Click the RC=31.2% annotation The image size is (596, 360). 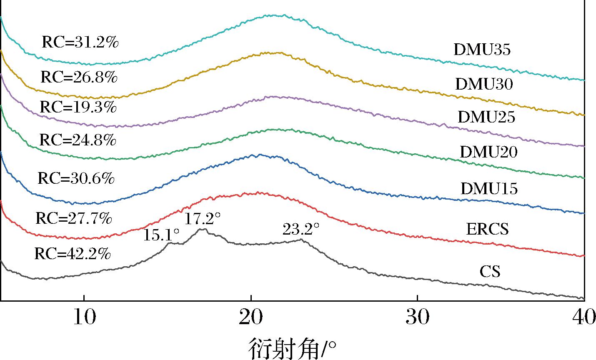click(80, 42)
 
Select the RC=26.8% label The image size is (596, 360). click(79, 77)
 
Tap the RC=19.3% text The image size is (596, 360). click(78, 107)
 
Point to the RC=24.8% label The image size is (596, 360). click(78, 140)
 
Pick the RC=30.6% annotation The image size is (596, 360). click(76, 179)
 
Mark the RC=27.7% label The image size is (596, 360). click(74, 218)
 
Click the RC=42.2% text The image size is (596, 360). click(73, 254)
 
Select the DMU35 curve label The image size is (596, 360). click(482, 50)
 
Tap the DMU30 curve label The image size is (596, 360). click(484, 85)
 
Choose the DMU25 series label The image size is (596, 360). click(486, 117)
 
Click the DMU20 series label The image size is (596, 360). click(488, 152)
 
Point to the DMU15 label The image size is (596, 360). click(489, 189)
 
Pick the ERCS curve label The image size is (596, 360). click(488, 229)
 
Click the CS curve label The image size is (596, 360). click(490, 272)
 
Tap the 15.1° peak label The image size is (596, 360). click(162, 236)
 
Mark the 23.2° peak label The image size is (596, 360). click(301, 229)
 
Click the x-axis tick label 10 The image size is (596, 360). click(84, 318)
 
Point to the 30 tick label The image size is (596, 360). click(418, 318)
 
